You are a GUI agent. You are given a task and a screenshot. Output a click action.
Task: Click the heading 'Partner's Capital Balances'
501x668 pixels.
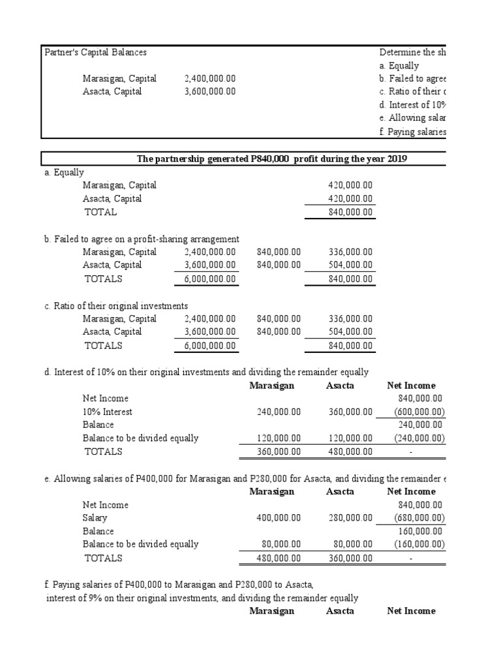[x=95, y=52]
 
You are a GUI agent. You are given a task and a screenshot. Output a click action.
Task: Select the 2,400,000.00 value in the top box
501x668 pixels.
[x=210, y=78]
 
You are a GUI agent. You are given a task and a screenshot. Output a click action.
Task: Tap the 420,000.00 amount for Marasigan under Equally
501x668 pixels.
[x=350, y=185]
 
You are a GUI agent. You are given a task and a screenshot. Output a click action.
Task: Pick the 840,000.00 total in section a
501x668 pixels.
[x=350, y=212]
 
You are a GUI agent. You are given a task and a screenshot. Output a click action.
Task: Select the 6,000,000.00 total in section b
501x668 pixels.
[x=210, y=279]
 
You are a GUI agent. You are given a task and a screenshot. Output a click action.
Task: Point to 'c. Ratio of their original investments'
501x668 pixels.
[x=116, y=306]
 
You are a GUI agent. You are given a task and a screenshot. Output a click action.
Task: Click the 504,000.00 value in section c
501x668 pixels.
[x=350, y=331]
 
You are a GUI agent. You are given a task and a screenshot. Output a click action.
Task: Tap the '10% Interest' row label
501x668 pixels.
[x=107, y=412]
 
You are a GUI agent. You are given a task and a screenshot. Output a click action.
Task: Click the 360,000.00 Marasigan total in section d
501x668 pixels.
[x=279, y=451]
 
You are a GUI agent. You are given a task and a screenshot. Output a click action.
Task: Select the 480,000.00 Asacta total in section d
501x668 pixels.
[x=350, y=451]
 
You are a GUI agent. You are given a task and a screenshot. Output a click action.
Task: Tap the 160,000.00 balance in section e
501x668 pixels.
[x=420, y=531]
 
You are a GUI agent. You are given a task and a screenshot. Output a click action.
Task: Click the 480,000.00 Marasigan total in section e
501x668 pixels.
[x=279, y=558]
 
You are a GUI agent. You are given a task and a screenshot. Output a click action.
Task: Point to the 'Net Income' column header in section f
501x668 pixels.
[x=411, y=611]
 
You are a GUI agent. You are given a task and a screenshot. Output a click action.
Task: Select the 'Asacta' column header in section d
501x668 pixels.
[x=340, y=386]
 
